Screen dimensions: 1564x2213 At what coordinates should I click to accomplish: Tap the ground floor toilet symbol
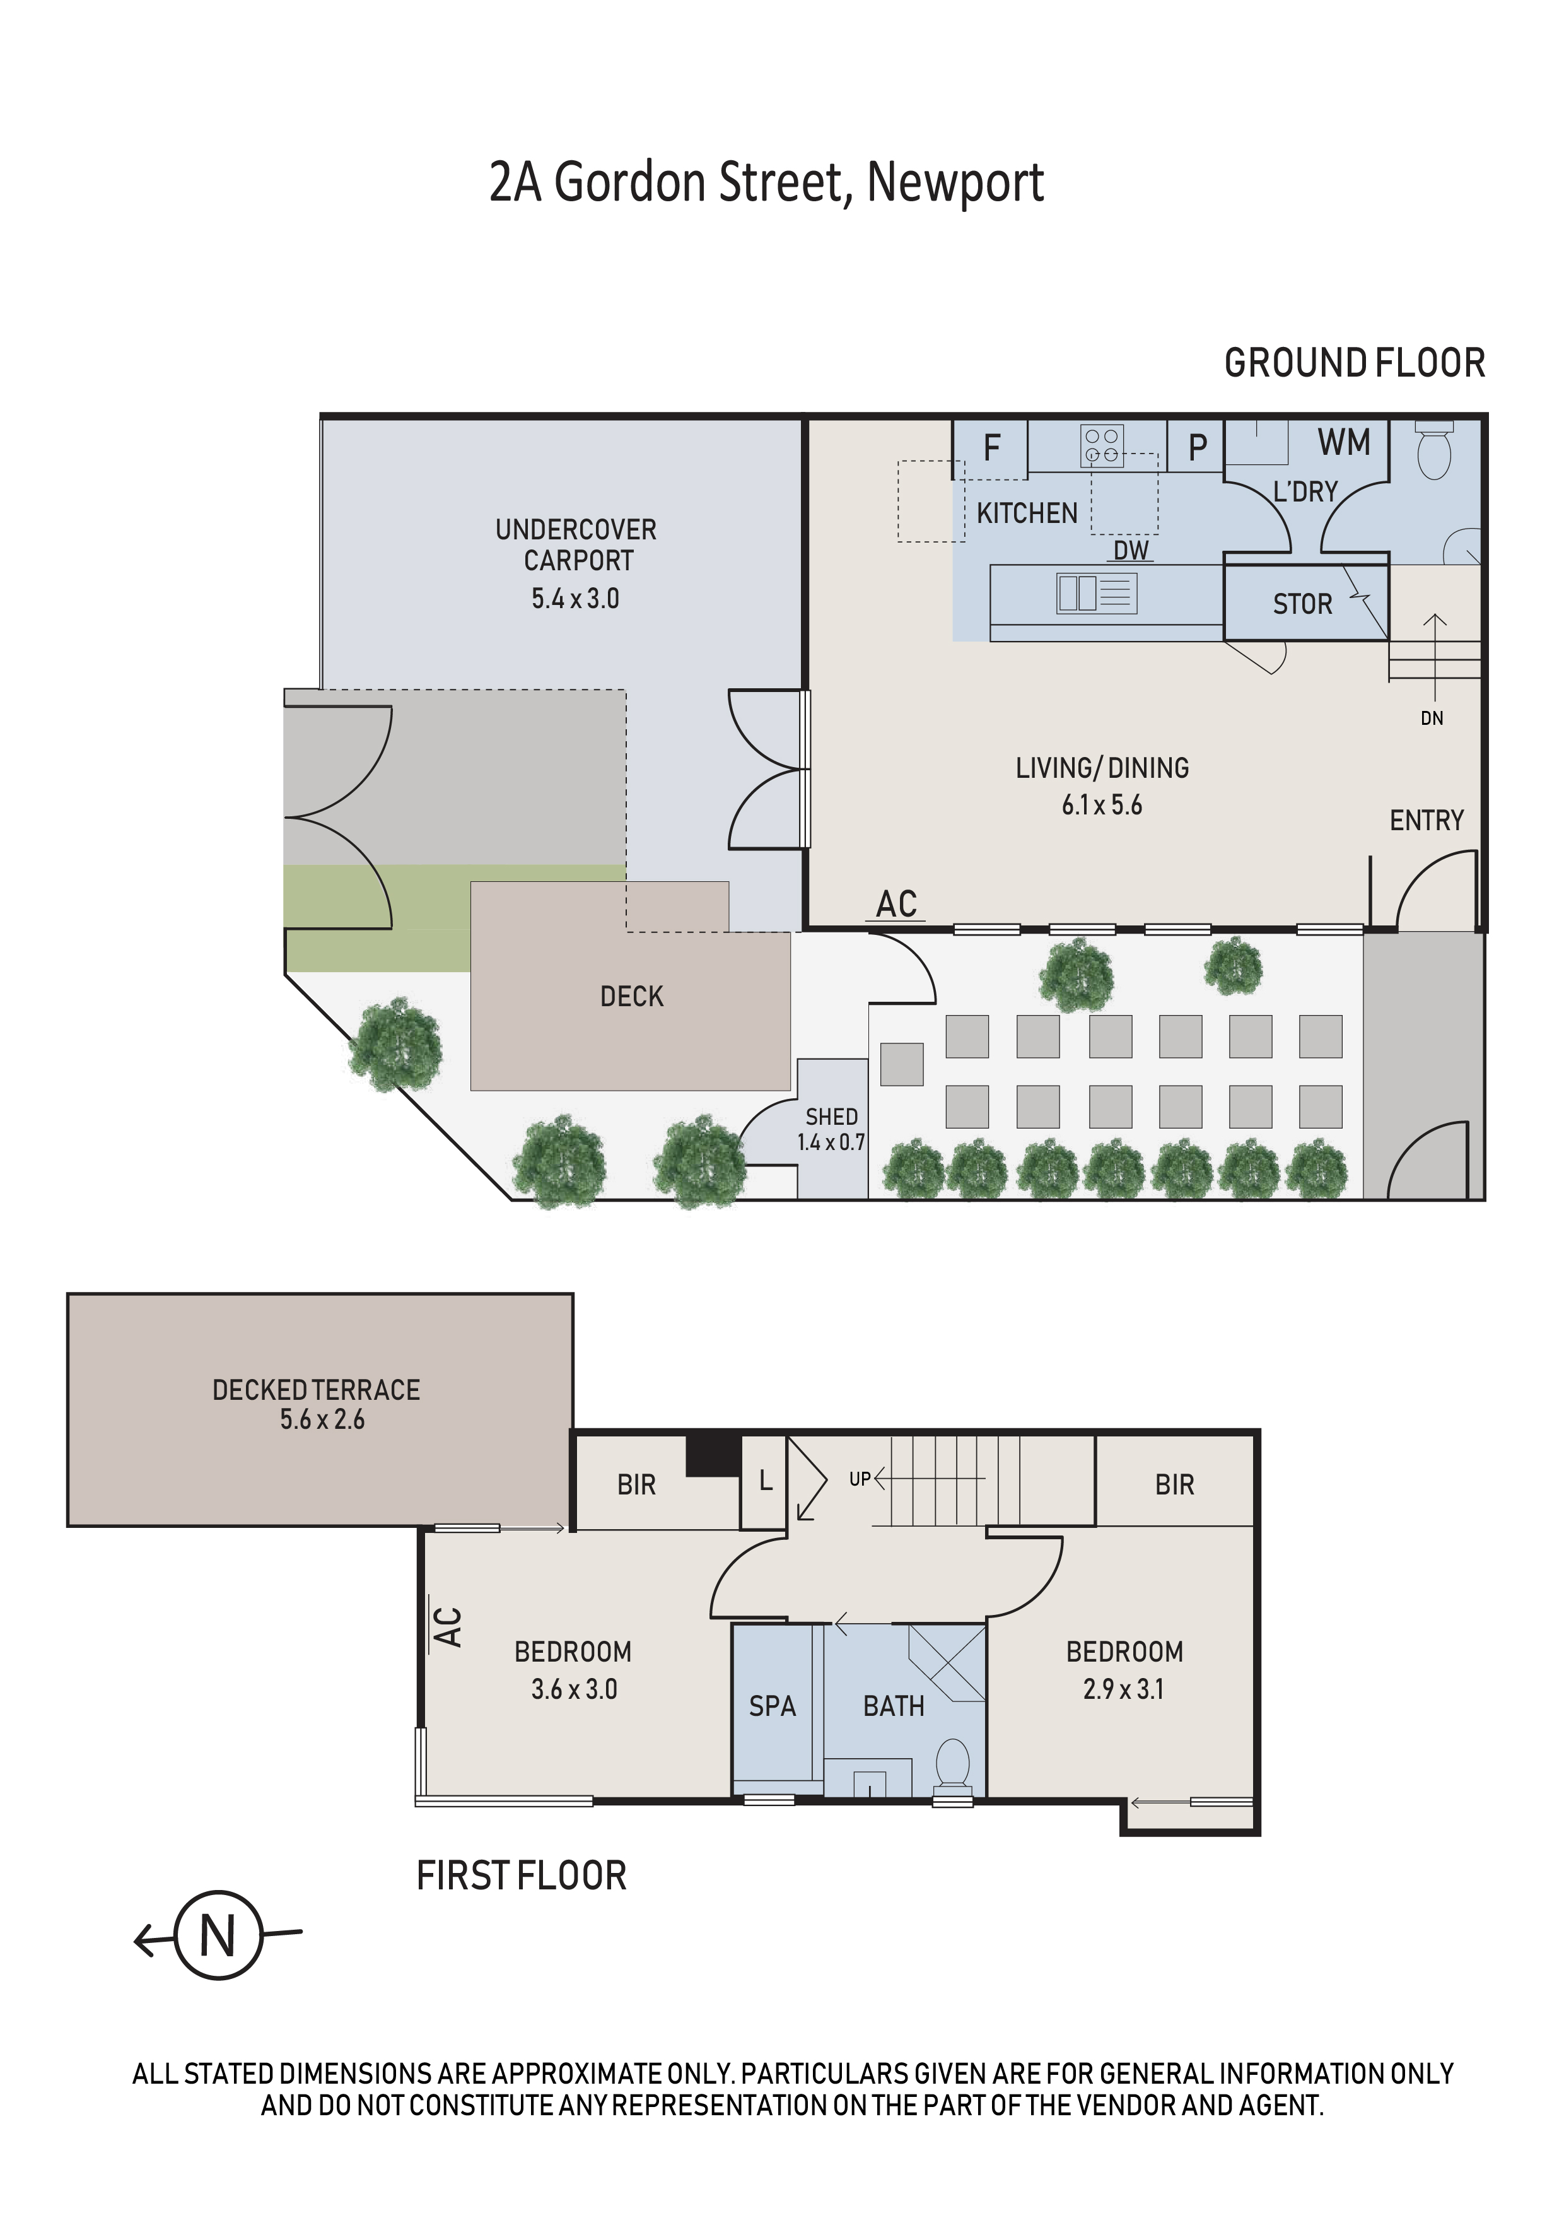click(x=1435, y=450)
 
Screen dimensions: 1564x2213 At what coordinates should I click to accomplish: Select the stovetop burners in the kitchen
click(x=1102, y=444)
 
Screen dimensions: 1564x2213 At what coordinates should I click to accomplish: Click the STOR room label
click(x=1302, y=604)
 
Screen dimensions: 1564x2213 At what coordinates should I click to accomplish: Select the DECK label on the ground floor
click(x=632, y=997)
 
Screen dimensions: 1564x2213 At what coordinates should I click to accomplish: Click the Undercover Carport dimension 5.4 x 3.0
click(x=575, y=599)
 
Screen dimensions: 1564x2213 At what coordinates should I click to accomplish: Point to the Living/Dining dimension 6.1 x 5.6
click(x=1102, y=805)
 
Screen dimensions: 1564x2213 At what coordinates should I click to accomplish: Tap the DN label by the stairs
click(x=1432, y=718)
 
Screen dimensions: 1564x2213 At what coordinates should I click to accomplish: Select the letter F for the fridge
click(x=991, y=447)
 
